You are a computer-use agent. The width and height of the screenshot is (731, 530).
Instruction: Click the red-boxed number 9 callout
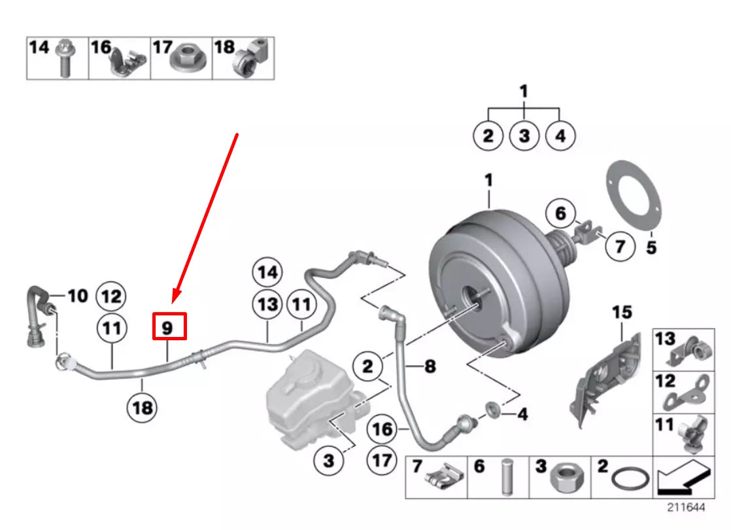coord(169,326)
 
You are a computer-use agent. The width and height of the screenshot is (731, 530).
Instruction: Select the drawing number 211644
coord(686,507)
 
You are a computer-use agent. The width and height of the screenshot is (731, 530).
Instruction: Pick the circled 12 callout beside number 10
coord(111,297)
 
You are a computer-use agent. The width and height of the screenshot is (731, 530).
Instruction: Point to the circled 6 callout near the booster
coord(561,213)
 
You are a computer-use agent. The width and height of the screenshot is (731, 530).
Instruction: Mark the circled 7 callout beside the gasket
coord(619,246)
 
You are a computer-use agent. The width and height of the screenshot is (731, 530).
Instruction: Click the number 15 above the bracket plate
coord(622,313)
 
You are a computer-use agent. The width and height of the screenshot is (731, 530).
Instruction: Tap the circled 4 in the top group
coord(560,137)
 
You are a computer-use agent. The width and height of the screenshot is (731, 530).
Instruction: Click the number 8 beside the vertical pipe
coord(429,366)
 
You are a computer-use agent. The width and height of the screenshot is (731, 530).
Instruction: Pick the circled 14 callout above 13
coord(267,272)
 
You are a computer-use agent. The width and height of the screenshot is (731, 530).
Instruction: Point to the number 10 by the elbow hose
coord(77,296)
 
